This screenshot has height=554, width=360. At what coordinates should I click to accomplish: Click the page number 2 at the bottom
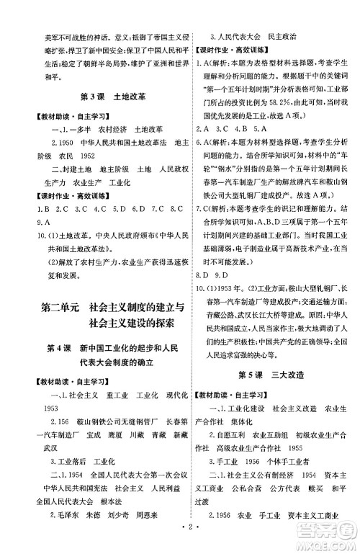(x=180, y=541)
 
